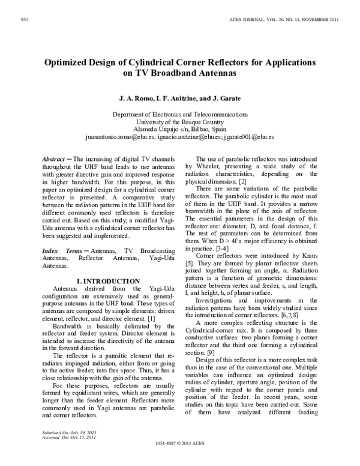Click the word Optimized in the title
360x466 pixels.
tap(70, 62)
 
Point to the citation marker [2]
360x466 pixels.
tap(240, 181)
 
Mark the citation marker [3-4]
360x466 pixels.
tap(222, 247)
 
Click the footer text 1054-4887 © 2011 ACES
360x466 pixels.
tap(179, 459)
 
